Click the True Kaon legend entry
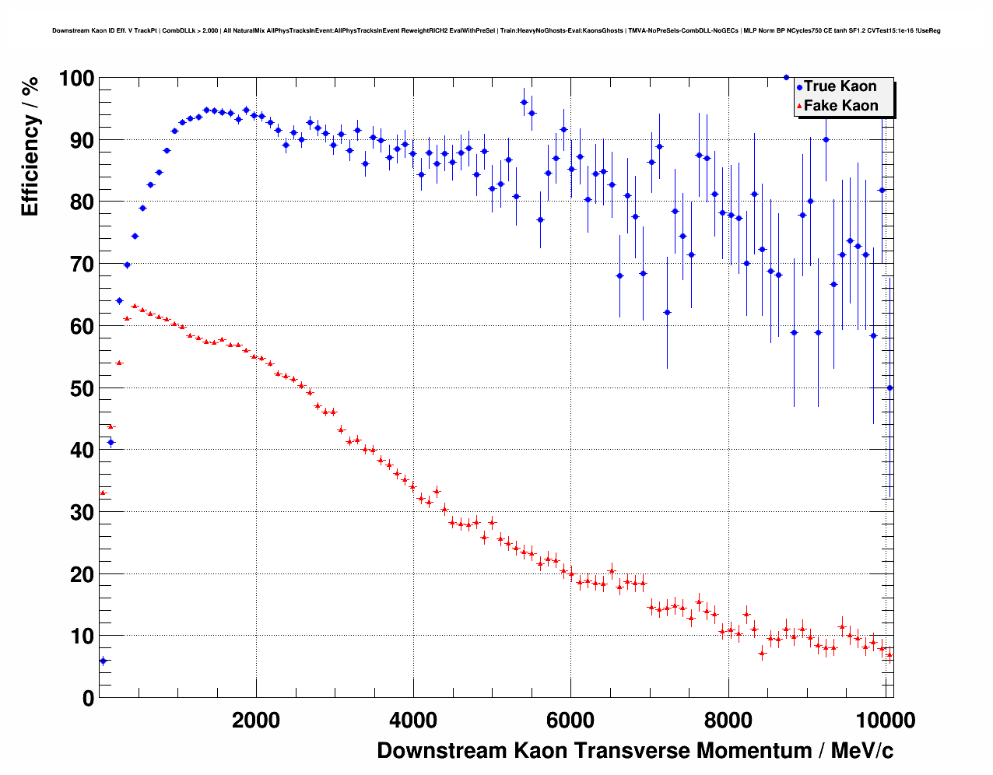point(840,86)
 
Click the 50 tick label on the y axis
point(76,388)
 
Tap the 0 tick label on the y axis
point(87,699)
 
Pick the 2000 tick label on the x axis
point(256,721)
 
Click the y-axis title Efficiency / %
point(30,146)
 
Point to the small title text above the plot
point(496,30)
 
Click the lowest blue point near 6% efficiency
point(103,661)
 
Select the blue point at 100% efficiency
point(786,78)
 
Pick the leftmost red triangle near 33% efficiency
point(102,493)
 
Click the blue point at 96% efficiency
point(524,102)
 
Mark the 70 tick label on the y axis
point(76,265)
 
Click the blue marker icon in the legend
point(799,87)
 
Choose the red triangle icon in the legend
point(799,107)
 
